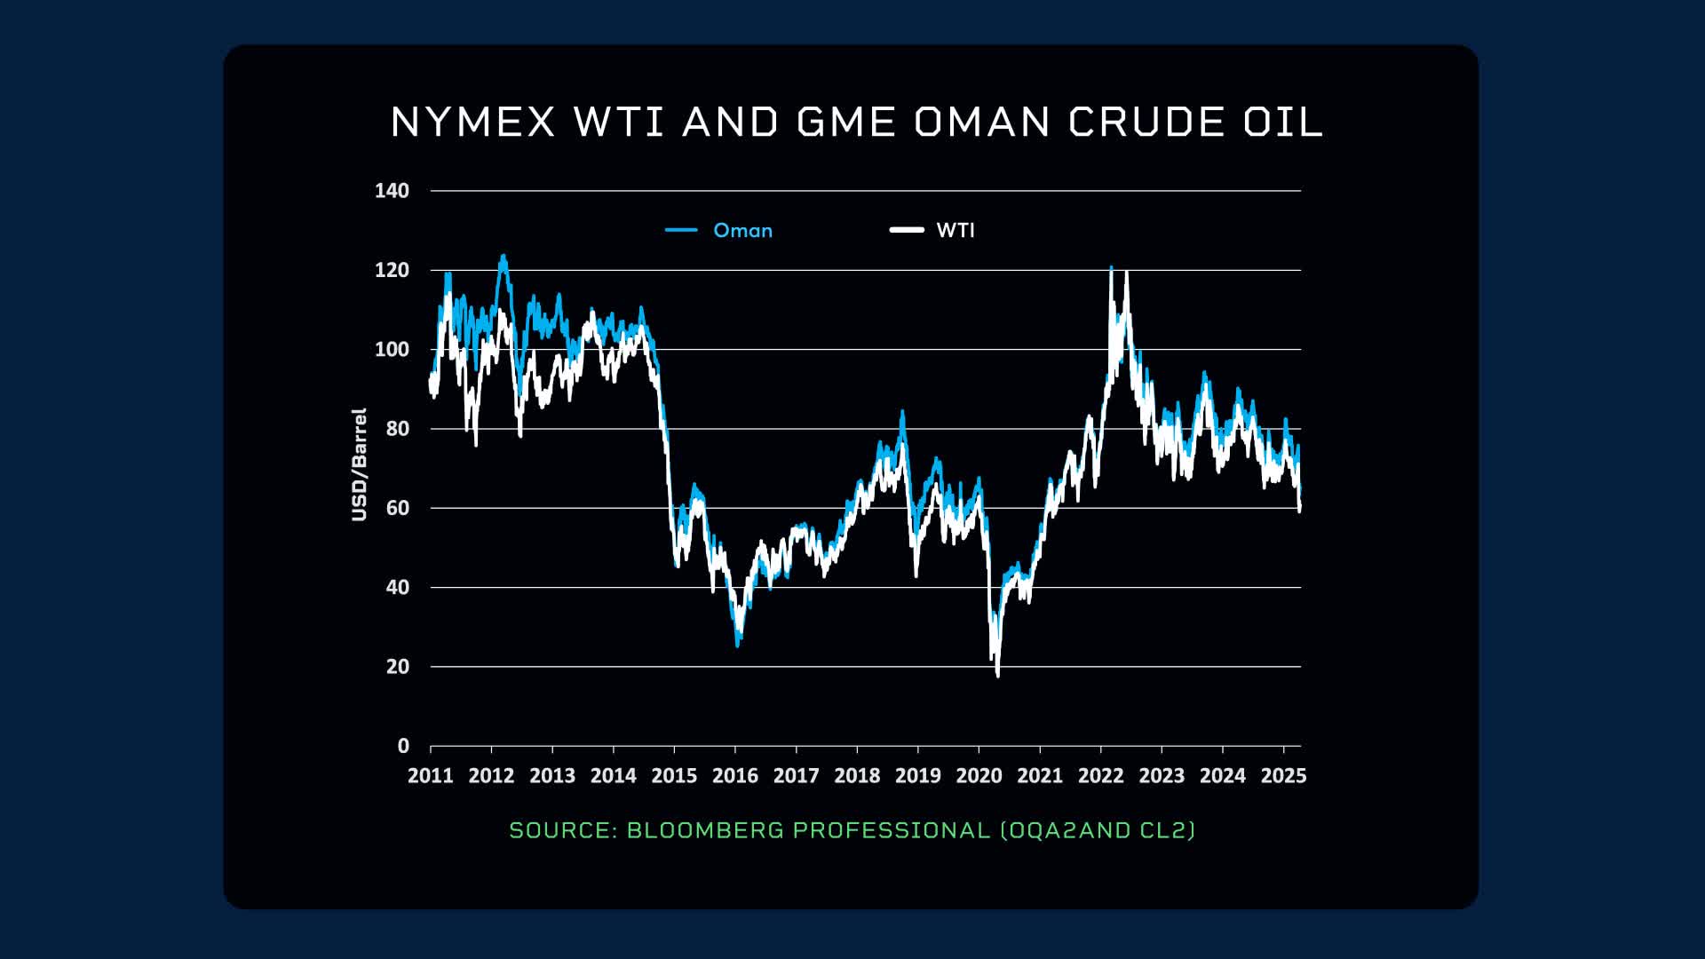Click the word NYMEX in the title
[473, 123]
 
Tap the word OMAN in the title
[982, 123]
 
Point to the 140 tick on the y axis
[392, 191]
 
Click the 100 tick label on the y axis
[392, 350]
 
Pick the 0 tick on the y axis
[403, 747]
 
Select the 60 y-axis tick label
[397, 509]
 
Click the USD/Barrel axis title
[359, 464]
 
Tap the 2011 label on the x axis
[431, 776]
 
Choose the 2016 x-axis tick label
[735, 776]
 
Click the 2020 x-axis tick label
[979, 776]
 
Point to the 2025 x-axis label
[1283, 776]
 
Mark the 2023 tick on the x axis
[1162, 776]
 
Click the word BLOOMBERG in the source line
[705, 830]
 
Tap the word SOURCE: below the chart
[563, 830]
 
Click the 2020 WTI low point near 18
[998, 675]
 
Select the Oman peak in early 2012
[504, 257]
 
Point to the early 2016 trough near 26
[738, 644]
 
